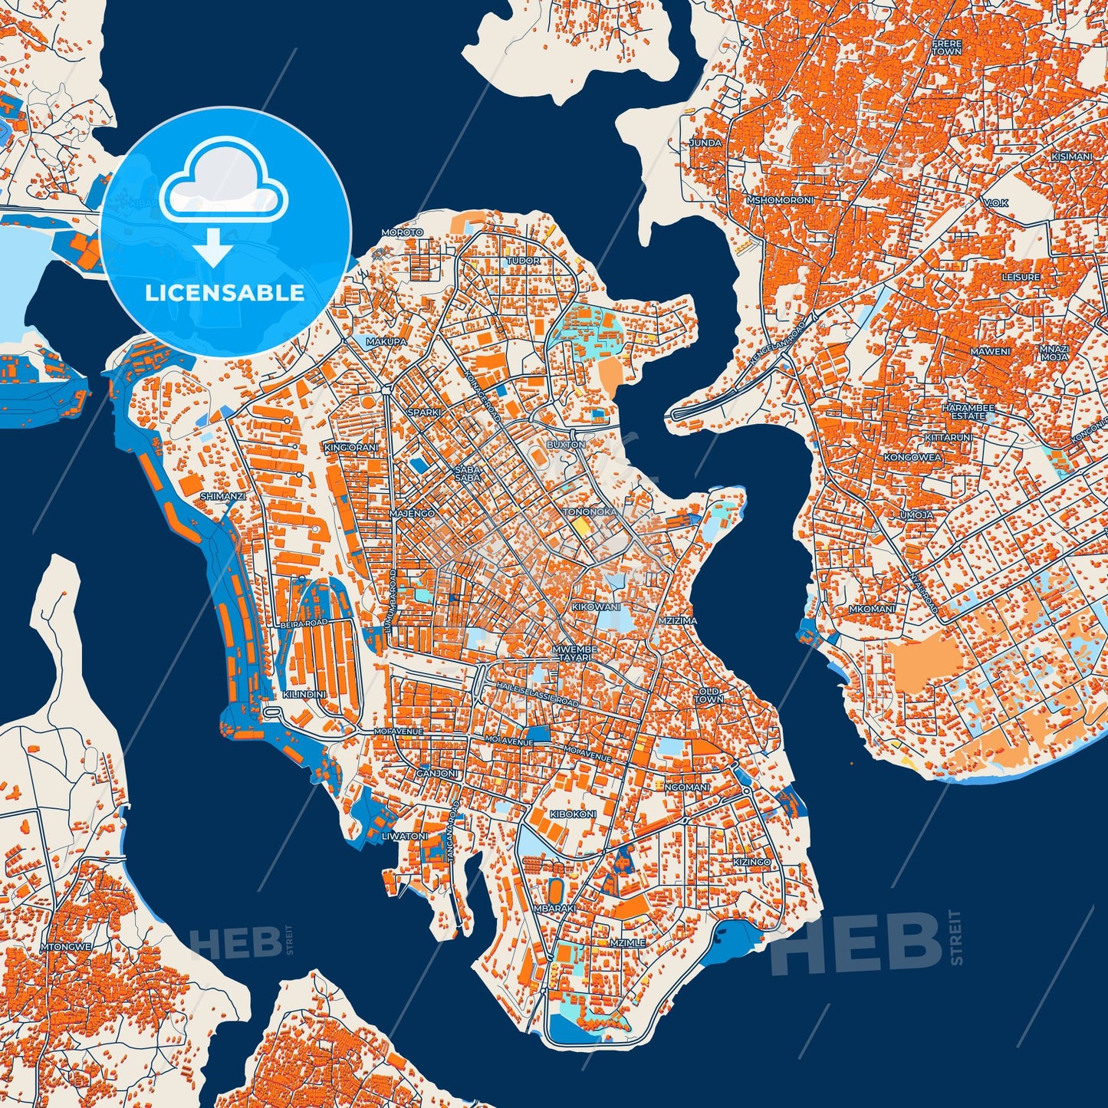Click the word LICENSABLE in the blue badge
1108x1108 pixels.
[225, 293]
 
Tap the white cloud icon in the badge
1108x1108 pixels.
[224, 181]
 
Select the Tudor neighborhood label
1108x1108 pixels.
[523, 261]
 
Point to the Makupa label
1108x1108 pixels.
[386, 341]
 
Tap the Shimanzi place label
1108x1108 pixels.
[222, 496]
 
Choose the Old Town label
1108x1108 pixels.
[709, 695]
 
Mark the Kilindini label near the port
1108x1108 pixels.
[304, 694]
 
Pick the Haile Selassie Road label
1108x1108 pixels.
[537, 692]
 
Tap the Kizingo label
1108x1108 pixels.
[751, 862]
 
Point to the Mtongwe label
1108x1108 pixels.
[69, 947]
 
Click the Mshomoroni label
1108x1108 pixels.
[780, 200]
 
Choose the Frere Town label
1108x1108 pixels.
[947, 48]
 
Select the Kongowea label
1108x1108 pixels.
[912, 457]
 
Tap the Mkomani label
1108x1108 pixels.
[872, 609]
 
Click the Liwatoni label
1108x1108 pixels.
[405, 836]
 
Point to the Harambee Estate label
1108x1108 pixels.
[968, 412]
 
